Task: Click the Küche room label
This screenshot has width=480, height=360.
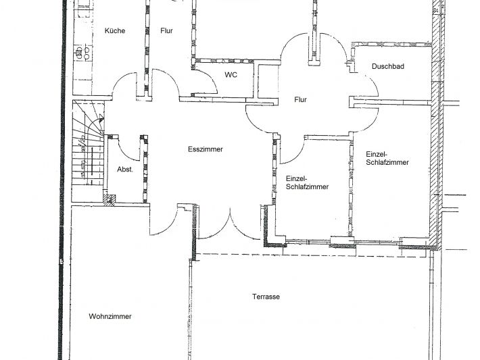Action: [115, 30]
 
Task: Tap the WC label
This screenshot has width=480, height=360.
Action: [231, 75]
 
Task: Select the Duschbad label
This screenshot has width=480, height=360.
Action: [388, 66]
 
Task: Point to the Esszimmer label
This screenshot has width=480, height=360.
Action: [206, 149]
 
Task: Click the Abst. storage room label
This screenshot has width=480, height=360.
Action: [125, 169]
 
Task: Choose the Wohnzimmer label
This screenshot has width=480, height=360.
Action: [110, 316]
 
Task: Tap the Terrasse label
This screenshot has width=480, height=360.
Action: [266, 297]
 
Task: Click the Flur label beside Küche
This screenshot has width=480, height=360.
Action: [166, 30]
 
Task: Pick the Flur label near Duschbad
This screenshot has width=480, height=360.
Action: [300, 99]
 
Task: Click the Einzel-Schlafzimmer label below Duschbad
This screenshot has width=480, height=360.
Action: [387, 158]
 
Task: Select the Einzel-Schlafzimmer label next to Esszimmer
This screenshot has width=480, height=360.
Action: [308, 182]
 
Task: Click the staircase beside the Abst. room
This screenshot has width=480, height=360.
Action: [88, 151]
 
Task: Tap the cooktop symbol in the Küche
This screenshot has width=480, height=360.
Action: [83, 53]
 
